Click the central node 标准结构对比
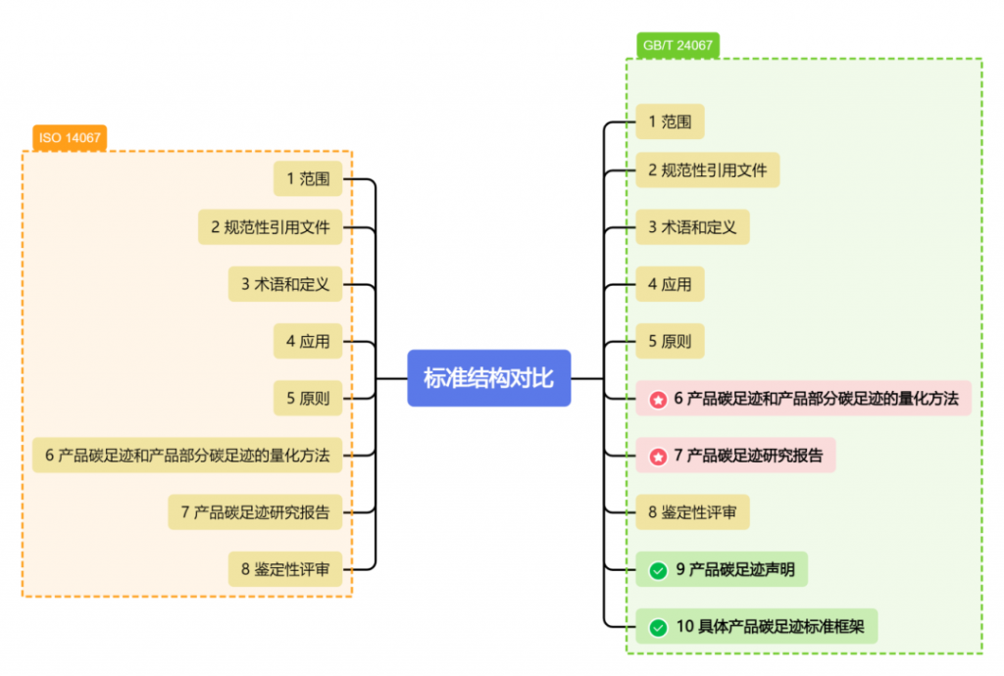pos(488,377)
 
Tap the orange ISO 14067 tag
pos(70,138)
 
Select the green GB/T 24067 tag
pos(678,45)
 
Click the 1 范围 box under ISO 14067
pos(308,178)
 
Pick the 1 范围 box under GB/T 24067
pos(670,121)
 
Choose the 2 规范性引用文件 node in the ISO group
pos(270,228)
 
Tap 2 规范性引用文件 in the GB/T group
pos(707,169)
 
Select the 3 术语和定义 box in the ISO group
pos(285,284)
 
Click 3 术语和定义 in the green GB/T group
pos(692,226)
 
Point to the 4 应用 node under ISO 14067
pos(308,341)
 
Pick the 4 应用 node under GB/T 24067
pos(670,284)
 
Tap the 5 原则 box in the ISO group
pos(308,398)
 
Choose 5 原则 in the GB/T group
pos(670,341)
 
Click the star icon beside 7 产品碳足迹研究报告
pos(658,456)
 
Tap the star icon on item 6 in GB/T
pos(658,399)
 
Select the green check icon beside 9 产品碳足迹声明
pos(658,569)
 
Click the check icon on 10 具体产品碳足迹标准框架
pos(658,626)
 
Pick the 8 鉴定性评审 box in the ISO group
pos(285,568)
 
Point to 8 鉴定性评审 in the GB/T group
pos(692,511)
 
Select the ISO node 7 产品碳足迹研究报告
pos(255,511)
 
